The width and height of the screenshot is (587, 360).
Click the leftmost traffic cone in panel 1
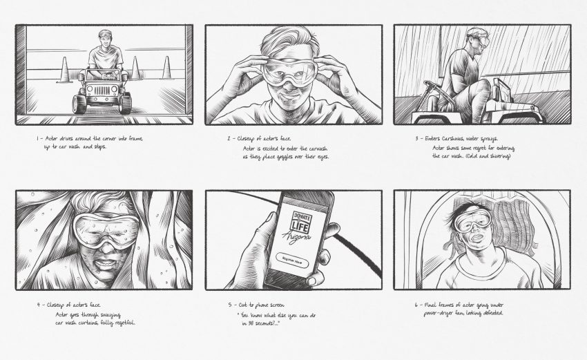[63, 71]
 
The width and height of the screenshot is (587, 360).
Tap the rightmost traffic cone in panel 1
[166, 68]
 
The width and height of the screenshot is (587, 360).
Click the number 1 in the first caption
[38, 138]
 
